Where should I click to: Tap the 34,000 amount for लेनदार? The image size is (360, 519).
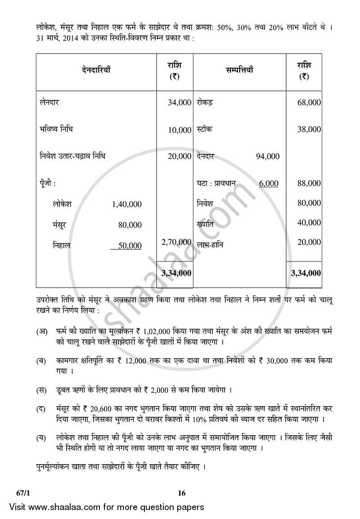[180, 103]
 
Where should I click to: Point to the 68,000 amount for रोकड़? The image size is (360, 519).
[309, 103]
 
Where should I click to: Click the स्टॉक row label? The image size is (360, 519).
[205, 129]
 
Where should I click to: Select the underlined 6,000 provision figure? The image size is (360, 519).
[269, 183]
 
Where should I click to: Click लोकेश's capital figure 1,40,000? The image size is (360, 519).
[126, 204]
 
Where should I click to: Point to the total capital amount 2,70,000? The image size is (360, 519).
[176, 242]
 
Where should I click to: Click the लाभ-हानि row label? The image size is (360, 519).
[210, 245]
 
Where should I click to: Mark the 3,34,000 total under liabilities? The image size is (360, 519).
[176, 273]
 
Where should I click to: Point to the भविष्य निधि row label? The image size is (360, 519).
[56, 129]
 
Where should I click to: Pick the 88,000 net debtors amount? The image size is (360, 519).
[309, 183]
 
